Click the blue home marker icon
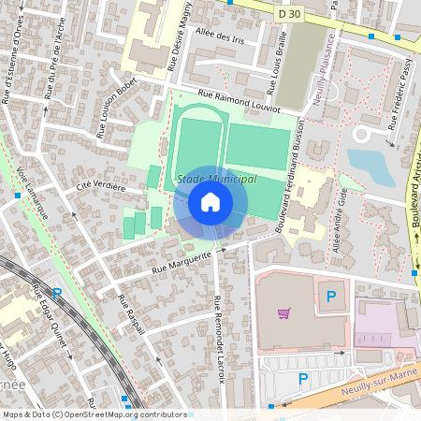(210, 202)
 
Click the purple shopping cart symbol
(283, 312)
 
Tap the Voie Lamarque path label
(32, 193)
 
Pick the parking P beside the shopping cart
(330, 298)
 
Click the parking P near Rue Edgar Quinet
(57, 294)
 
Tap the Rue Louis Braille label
(272, 70)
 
